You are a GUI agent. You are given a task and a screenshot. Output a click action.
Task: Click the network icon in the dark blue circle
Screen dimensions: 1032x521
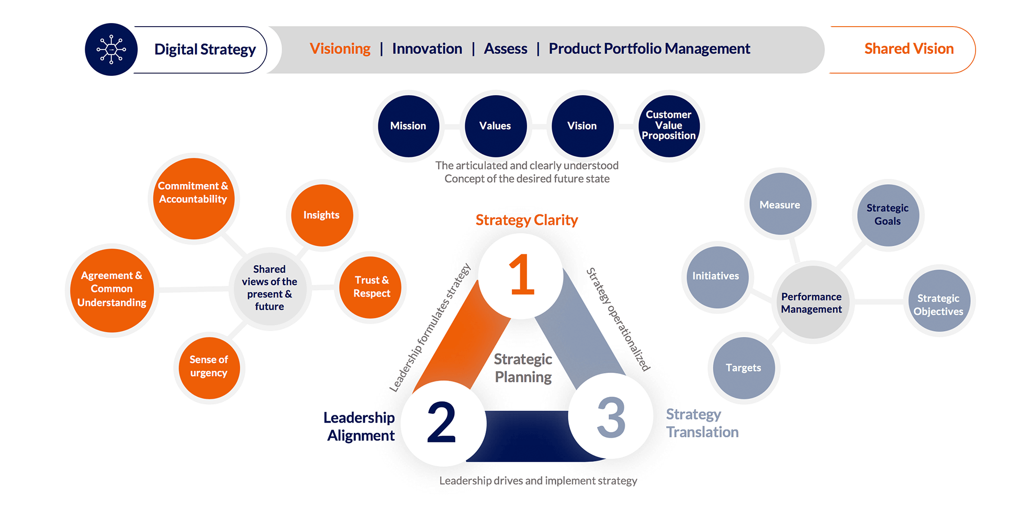(x=111, y=50)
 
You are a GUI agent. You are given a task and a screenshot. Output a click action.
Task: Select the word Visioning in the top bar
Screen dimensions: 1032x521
(x=340, y=49)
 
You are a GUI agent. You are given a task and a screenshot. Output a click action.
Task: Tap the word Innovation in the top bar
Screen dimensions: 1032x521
(x=427, y=49)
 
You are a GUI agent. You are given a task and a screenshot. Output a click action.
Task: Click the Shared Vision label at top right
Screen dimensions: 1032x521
(x=909, y=49)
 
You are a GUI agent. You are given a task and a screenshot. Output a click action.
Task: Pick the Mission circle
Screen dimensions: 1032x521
(x=409, y=126)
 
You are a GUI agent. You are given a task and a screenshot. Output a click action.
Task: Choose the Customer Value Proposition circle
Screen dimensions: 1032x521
(x=669, y=126)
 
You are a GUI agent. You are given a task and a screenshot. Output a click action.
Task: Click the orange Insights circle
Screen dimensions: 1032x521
(x=322, y=215)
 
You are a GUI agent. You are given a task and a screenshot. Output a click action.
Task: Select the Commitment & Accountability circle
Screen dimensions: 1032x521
(x=194, y=199)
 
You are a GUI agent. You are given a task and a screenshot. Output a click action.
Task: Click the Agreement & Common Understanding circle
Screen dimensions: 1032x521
(x=112, y=290)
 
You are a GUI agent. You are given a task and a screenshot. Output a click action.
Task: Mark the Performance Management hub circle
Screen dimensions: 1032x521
(x=812, y=302)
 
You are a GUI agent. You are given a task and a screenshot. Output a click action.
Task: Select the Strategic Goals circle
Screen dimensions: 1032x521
(x=888, y=215)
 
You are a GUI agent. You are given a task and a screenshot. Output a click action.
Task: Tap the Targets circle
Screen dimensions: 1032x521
(x=744, y=368)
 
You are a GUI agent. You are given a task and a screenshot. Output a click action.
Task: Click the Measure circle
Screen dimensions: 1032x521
(x=780, y=204)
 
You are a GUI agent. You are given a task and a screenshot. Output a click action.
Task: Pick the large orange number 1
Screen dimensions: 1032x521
(x=522, y=275)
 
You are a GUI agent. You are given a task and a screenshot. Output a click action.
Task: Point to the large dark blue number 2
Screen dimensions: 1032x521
(x=441, y=422)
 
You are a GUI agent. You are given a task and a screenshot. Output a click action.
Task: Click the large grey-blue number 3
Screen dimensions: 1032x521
(x=611, y=417)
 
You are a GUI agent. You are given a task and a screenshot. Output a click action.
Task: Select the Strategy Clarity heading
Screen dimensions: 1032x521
(x=526, y=220)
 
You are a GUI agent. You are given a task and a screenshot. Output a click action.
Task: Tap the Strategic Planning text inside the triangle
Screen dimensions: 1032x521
(x=523, y=368)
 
